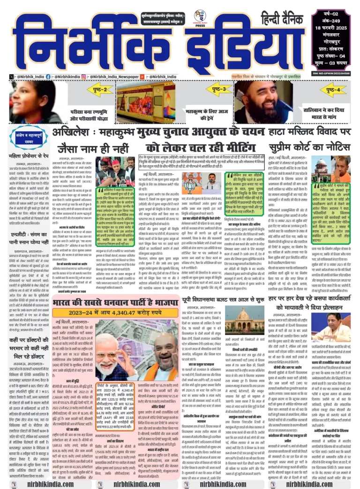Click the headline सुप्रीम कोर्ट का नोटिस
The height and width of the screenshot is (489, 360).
click(x=310, y=148)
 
